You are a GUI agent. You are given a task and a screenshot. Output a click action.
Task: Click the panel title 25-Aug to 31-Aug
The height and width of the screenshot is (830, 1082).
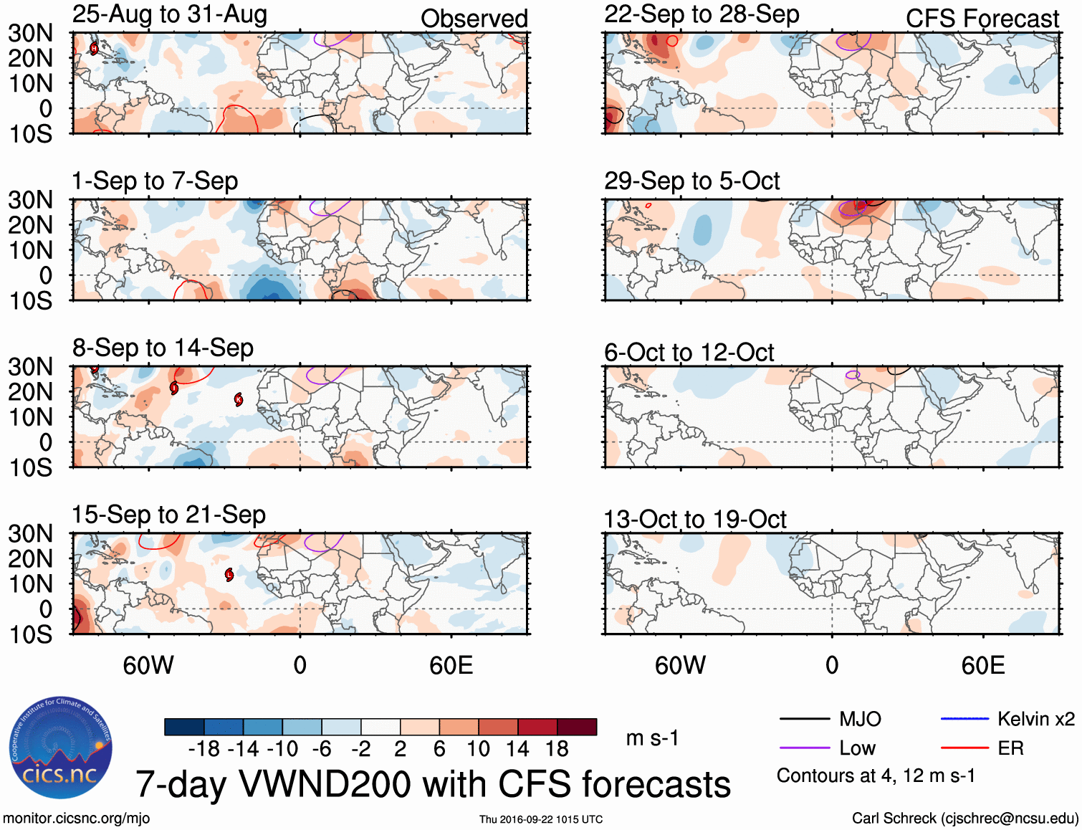pyautogui.click(x=170, y=14)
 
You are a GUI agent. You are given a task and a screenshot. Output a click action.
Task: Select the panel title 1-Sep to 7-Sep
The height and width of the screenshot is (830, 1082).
pyautogui.click(x=155, y=181)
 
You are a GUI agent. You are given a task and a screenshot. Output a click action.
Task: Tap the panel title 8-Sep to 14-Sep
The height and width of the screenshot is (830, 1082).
pyautogui.click(x=163, y=348)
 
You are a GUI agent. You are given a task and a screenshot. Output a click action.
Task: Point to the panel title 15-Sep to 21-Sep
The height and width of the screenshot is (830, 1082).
pyautogui.click(x=168, y=515)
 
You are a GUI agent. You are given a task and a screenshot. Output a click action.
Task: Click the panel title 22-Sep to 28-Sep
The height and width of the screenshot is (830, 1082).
pyautogui.click(x=702, y=14)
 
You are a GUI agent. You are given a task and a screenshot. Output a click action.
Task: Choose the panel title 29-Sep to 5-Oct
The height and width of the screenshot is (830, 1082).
pyautogui.click(x=691, y=181)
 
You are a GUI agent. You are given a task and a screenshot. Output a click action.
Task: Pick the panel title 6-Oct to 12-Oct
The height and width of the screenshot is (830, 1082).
pyautogui.click(x=689, y=353)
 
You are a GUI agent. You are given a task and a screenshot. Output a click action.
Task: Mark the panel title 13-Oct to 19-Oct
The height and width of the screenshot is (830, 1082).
pyautogui.click(x=695, y=520)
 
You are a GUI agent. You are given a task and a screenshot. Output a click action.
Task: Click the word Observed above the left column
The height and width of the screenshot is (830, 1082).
pyautogui.click(x=474, y=19)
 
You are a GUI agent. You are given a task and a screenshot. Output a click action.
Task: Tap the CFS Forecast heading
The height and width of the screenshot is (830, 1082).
pyautogui.click(x=982, y=19)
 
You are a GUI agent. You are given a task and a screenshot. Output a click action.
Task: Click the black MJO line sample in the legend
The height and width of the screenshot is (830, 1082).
pyautogui.click(x=805, y=719)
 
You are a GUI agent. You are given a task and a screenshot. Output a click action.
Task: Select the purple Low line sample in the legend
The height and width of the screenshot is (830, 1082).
pyautogui.click(x=805, y=748)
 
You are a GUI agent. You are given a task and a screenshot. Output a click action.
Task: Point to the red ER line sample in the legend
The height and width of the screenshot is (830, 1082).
pyautogui.click(x=964, y=748)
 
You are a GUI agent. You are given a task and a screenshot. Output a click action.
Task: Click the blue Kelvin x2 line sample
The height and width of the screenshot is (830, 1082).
pyautogui.click(x=964, y=719)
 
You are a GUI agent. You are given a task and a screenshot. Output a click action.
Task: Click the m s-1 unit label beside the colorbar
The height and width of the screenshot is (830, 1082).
pyautogui.click(x=652, y=738)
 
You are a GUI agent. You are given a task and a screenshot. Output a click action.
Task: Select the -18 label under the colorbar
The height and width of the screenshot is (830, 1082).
pyautogui.click(x=204, y=749)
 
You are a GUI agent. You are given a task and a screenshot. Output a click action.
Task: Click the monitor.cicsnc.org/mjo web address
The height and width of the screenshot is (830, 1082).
pyautogui.click(x=77, y=819)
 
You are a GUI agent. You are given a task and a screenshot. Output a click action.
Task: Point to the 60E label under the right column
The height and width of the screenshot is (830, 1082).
pyautogui.click(x=982, y=666)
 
